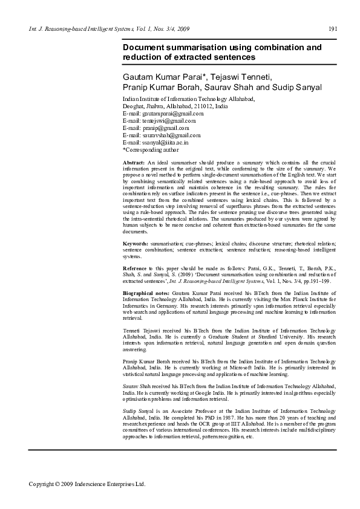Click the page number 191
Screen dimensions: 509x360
tap(333, 28)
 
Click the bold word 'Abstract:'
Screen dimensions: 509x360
tap(134, 164)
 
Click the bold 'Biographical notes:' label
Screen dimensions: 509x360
tap(146, 292)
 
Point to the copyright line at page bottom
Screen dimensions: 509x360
tap(87, 484)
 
